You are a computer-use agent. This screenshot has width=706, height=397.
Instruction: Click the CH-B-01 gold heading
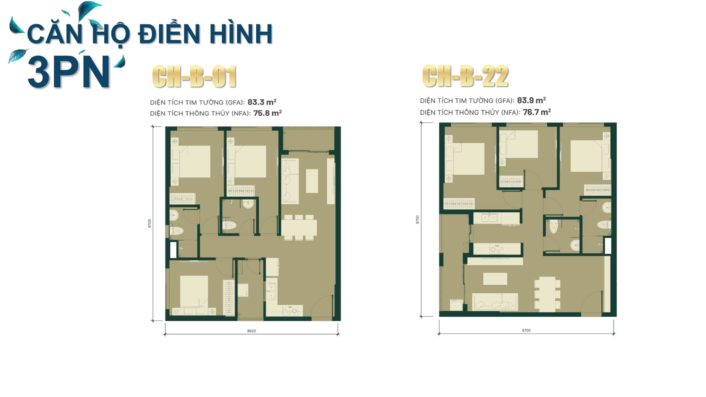[194, 77]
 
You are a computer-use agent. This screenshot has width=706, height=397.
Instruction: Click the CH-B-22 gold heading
[465, 76]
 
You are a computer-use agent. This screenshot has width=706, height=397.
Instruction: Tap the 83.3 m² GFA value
[262, 102]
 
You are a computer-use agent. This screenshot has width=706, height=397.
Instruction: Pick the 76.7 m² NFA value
[537, 112]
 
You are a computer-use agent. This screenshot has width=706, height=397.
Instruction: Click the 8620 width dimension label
[251, 331]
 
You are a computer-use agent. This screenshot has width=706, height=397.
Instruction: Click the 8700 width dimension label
[526, 330]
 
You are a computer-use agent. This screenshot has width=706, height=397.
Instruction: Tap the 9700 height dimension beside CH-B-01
[149, 223]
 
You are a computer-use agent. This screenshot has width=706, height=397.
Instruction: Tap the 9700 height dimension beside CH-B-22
[418, 219]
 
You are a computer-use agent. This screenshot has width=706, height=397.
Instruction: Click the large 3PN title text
[69, 72]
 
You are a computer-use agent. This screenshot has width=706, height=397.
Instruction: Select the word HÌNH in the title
[241, 34]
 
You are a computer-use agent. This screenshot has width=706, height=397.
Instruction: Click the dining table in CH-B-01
[299, 227]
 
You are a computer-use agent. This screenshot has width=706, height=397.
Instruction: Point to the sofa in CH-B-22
[495, 302]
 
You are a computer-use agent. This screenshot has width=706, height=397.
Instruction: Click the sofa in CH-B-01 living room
[290, 181]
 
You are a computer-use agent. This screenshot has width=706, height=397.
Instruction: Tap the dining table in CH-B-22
[545, 294]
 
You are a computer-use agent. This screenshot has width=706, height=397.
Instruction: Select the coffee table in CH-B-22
[495, 279]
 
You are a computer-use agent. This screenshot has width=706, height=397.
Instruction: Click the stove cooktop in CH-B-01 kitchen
[290, 311]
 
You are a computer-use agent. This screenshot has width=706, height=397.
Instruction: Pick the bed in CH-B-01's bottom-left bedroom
[194, 292]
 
